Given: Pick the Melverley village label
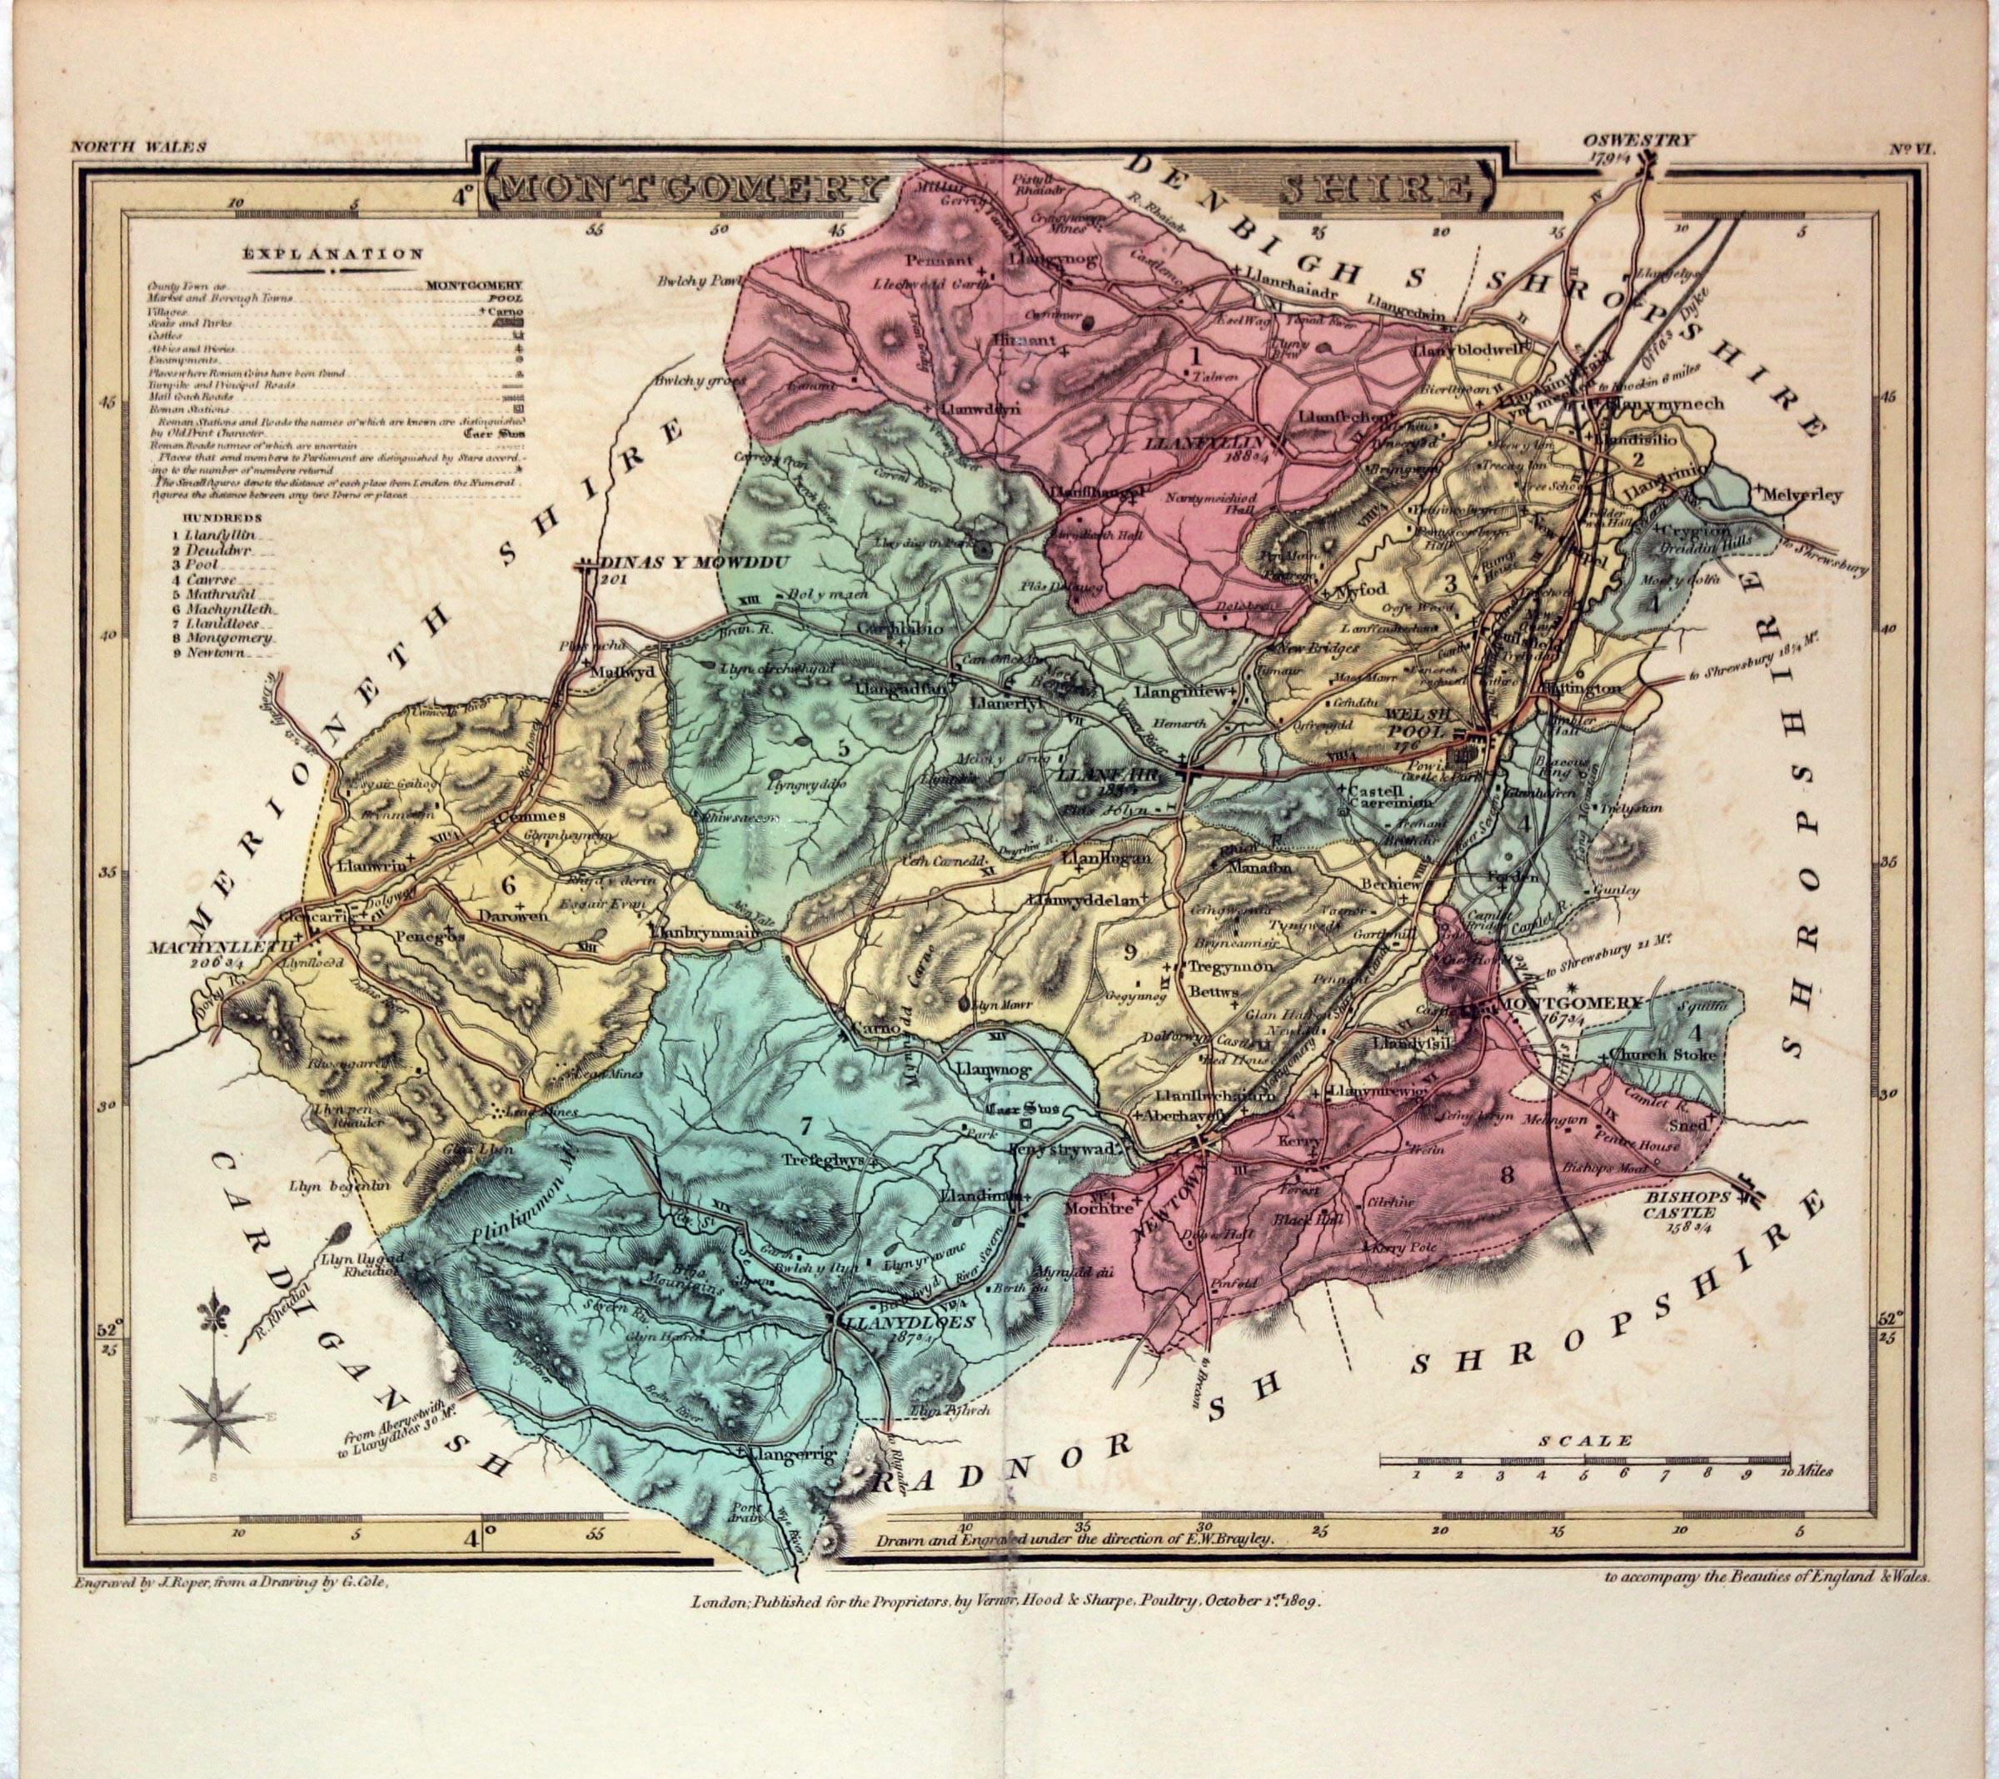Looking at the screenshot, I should pos(1801,495).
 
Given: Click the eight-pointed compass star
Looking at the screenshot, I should pos(220,1418).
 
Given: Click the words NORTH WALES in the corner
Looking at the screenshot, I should pos(139,147).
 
